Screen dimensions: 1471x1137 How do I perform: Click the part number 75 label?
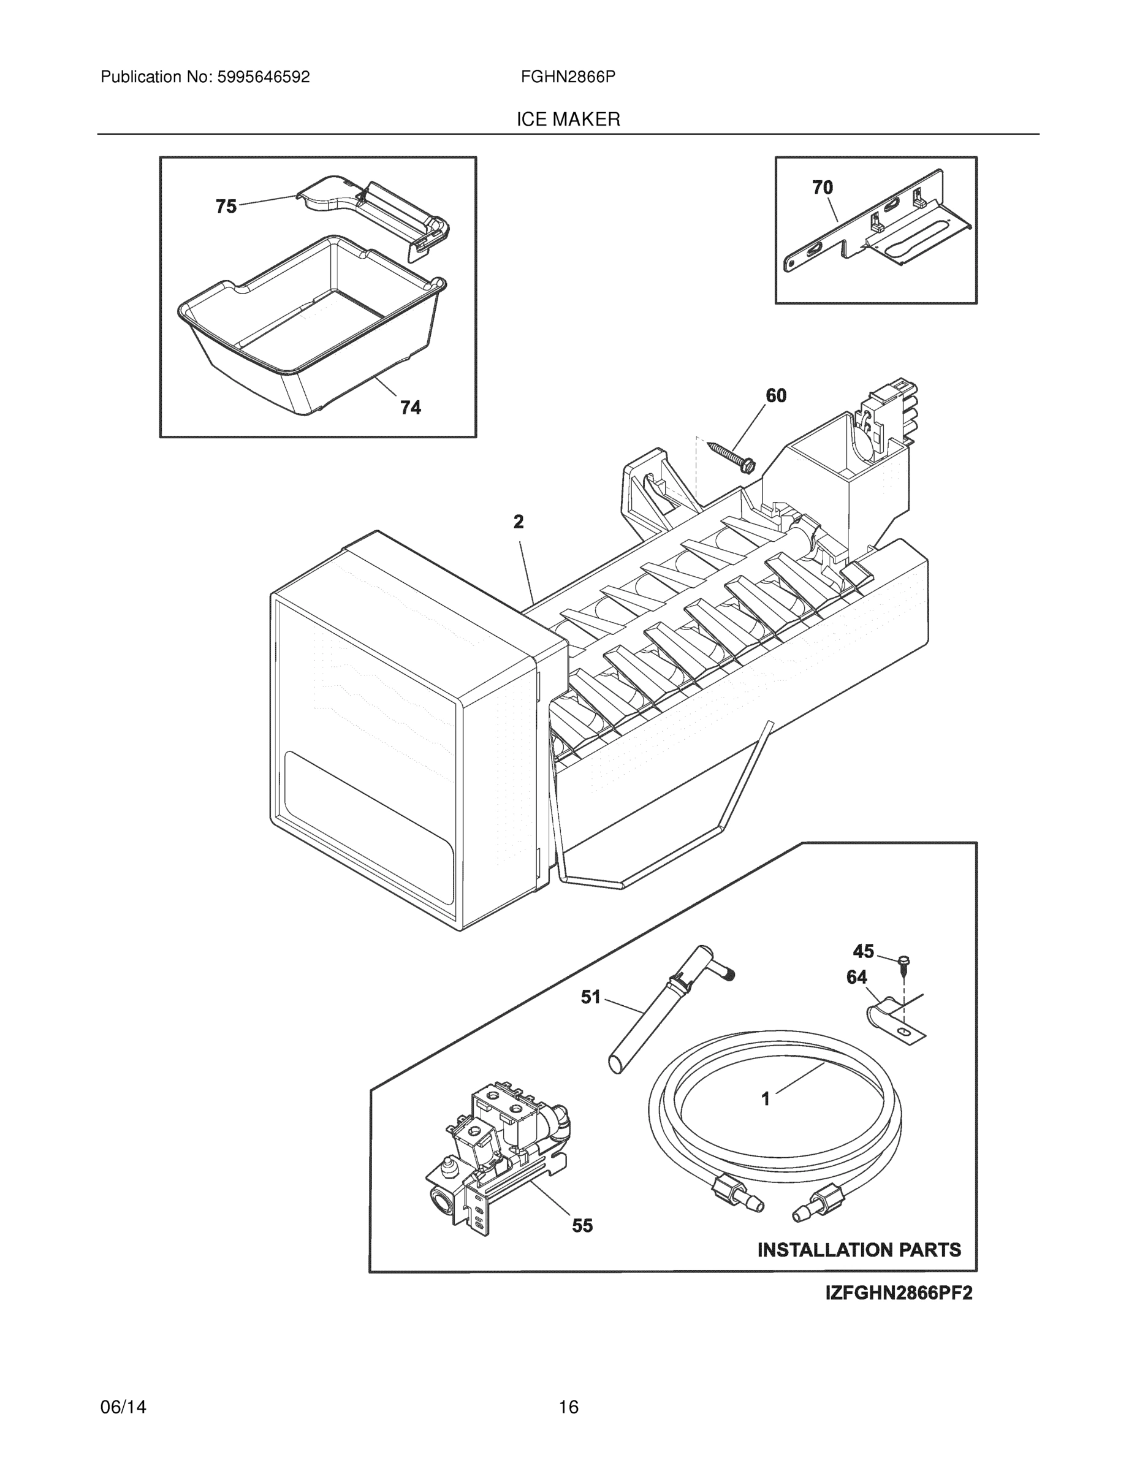tap(226, 206)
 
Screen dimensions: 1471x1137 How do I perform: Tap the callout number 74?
tap(410, 408)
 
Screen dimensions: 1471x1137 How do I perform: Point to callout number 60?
tap(776, 395)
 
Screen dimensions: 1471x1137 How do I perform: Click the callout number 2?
tap(518, 522)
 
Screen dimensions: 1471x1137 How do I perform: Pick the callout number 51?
tap(591, 997)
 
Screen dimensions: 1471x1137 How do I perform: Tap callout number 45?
tap(863, 951)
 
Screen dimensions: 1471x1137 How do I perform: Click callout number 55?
tap(583, 1226)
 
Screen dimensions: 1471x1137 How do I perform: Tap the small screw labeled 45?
tap(905, 964)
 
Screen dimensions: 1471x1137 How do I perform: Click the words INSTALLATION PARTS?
tap(859, 1250)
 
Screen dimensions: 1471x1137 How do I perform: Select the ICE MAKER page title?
tap(568, 120)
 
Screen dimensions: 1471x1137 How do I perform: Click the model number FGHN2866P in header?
tap(567, 77)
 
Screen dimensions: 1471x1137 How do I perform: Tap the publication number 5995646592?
tap(263, 77)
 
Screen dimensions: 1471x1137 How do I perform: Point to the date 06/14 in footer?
tap(123, 1407)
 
